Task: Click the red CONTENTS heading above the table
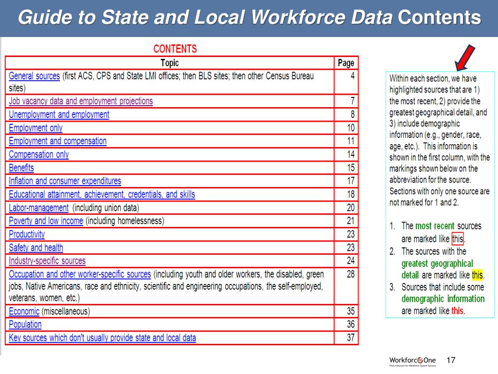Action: (x=175, y=49)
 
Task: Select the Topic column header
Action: (x=169, y=63)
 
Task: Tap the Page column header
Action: (x=346, y=63)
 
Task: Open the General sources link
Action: (x=34, y=76)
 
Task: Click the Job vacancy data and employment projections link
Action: (x=81, y=101)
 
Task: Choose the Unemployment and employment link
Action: (x=59, y=114)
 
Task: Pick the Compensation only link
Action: (x=39, y=154)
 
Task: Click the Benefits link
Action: (x=21, y=168)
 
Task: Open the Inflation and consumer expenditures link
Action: (x=65, y=181)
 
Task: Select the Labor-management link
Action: (x=39, y=207)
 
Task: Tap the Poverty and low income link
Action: (x=46, y=221)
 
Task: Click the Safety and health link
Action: (x=36, y=247)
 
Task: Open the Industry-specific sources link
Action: (x=47, y=261)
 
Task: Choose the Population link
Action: (x=25, y=324)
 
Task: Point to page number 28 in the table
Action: (x=351, y=274)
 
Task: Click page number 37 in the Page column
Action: (x=351, y=337)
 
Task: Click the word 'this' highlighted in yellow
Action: (x=477, y=275)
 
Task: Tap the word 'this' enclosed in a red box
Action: (x=458, y=239)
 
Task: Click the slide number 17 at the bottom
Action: (x=451, y=360)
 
